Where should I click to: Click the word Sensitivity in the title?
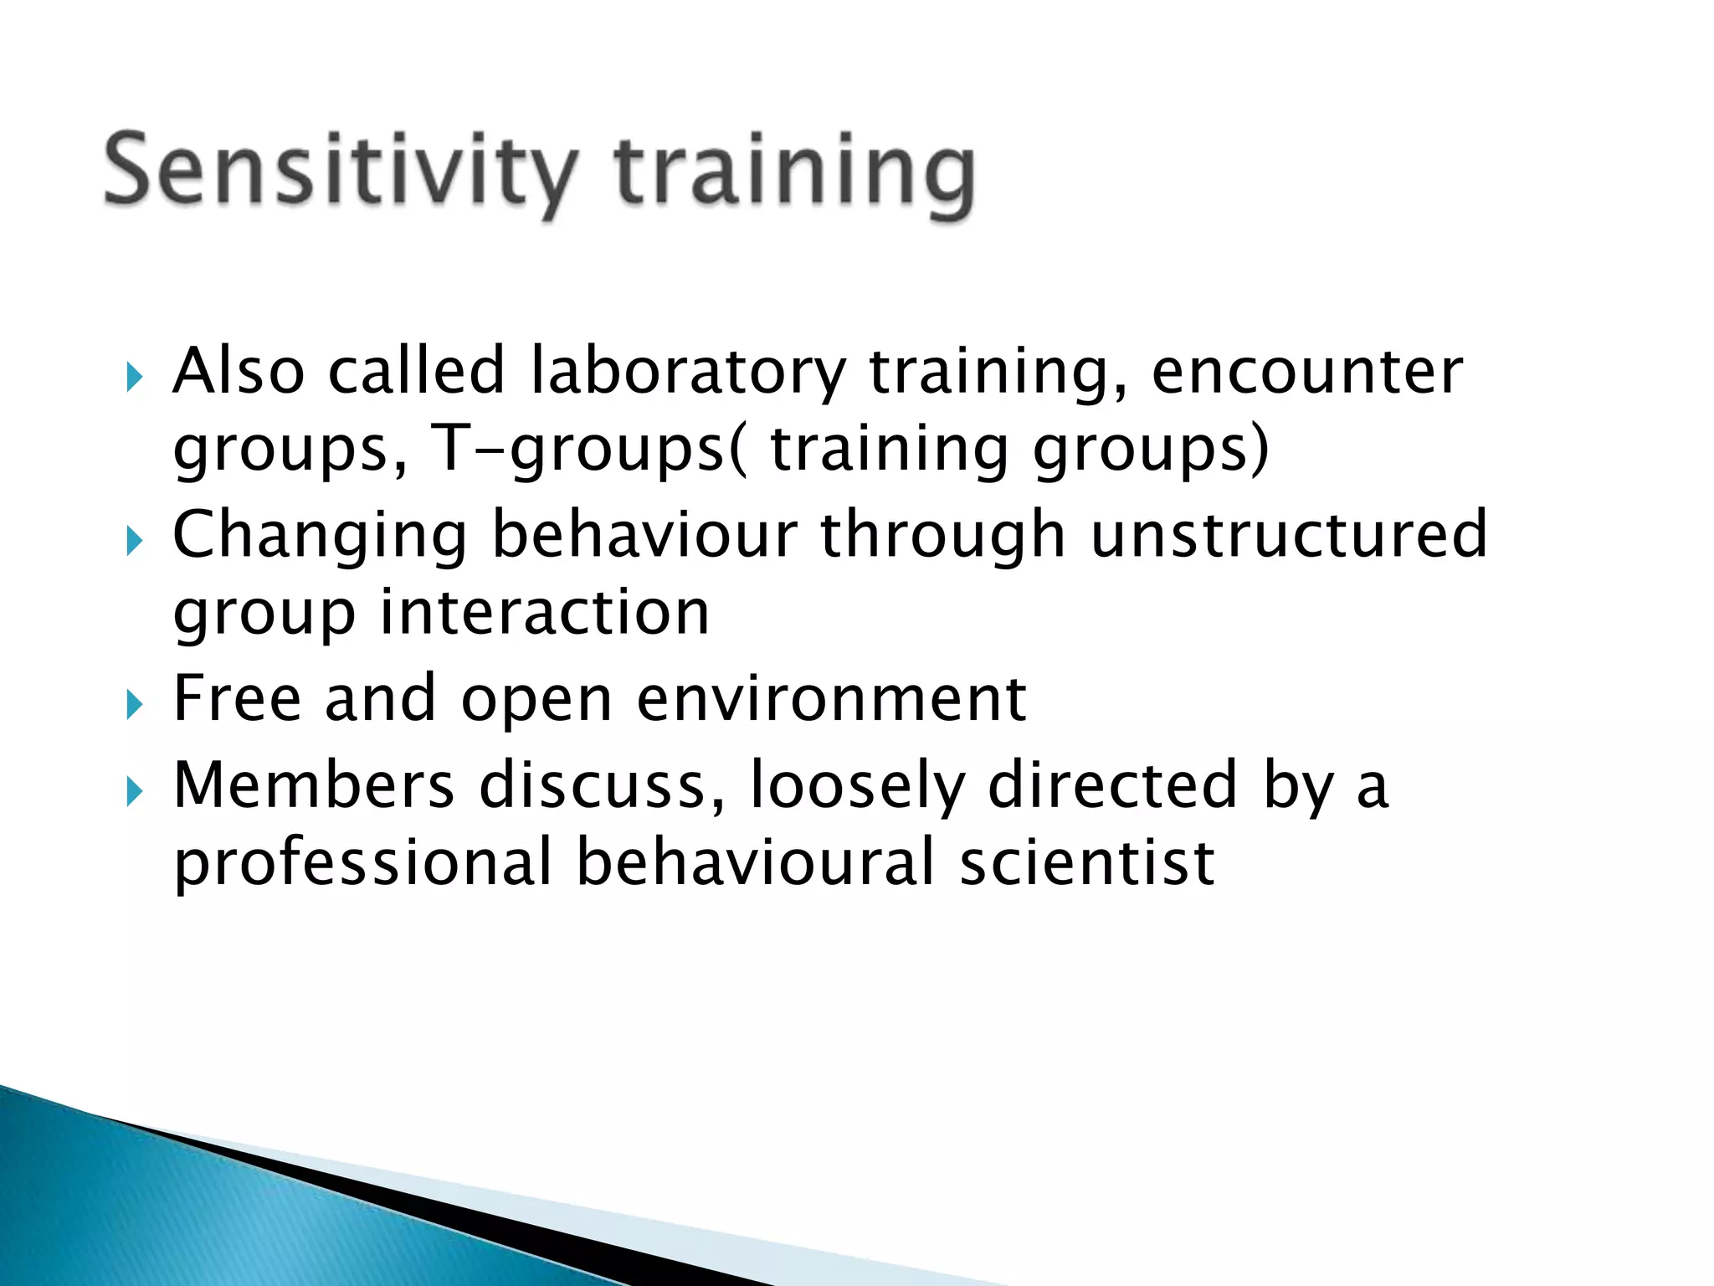tap(339, 172)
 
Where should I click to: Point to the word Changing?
tap(319, 536)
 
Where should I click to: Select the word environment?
tap(830, 698)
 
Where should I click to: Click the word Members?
tap(314, 785)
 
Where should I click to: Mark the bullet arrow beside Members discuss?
tap(136, 791)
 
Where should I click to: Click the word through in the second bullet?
tap(942, 536)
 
